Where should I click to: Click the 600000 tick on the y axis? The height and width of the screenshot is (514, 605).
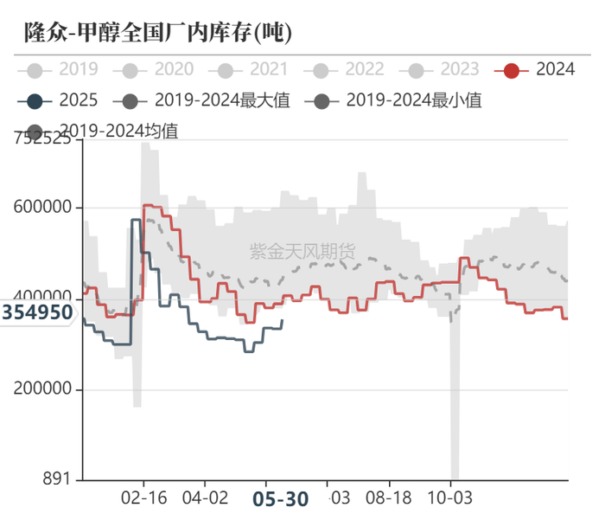[43, 208]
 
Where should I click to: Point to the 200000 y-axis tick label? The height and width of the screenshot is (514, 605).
[43, 389]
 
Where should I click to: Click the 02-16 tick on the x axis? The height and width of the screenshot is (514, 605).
[143, 499]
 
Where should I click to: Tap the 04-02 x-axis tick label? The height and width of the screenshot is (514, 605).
[205, 499]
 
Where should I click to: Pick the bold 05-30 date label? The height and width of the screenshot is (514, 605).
[280, 499]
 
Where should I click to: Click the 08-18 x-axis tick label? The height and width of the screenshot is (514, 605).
[390, 499]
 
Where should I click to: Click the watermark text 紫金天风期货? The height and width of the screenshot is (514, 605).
[302, 252]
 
